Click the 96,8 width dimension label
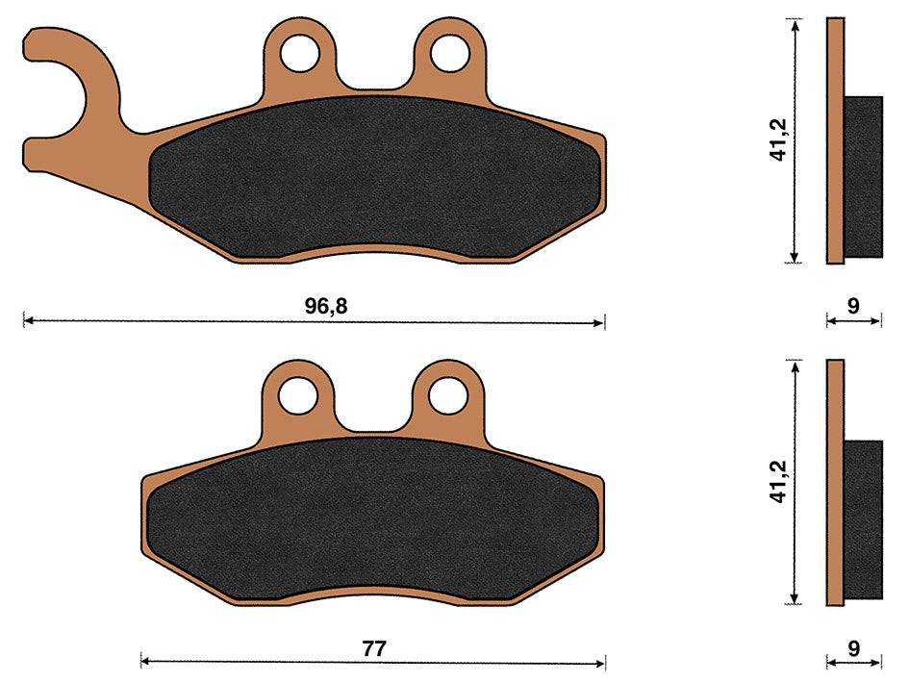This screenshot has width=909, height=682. [326, 306]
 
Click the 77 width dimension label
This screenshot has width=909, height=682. [374, 648]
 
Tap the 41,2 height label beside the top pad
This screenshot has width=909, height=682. [778, 139]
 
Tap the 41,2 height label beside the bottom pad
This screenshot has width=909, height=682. [778, 481]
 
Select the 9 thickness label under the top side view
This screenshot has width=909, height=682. [853, 306]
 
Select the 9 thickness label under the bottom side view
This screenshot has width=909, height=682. [853, 648]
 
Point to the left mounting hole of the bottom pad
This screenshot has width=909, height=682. [298, 395]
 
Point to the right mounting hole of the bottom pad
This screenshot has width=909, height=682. [448, 395]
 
